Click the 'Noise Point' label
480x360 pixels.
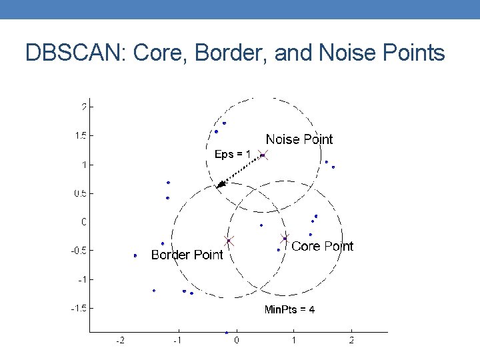point(299,139)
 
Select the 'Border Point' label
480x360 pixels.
point(187,255)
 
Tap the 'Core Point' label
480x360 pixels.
point(323,246)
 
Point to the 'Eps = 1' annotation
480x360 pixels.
point(233,154)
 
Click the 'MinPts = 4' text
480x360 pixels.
point(289,309)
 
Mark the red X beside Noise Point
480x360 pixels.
point(263,155)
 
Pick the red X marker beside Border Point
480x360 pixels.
point(228,241)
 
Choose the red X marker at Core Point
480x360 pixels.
point(285,238)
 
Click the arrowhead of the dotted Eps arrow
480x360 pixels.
point(219,186)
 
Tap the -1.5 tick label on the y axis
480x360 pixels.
point(81,308)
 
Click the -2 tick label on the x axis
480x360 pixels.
point(120,341)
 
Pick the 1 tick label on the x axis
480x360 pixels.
point(294,341)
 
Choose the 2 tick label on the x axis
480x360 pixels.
point(351,341)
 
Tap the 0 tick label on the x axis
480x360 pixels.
point(237,341)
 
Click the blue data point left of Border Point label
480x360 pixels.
point(135,255)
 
